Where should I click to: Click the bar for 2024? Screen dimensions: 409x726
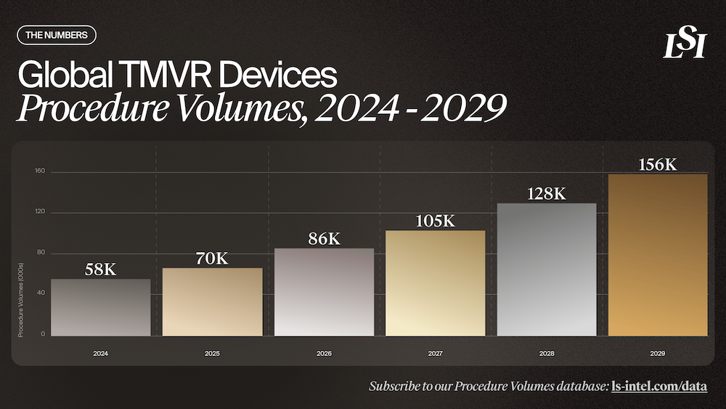tap(101, 307)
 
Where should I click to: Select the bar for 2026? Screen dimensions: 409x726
tap(324, 292)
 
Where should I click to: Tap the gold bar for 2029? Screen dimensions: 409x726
tap(658, 255)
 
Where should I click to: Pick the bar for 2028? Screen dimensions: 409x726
tap(546, 270)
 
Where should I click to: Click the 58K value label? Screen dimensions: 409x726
tap(101, 270)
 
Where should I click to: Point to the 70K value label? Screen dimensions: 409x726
tap(212, 258)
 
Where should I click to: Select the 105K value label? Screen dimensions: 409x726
tap(435, 221)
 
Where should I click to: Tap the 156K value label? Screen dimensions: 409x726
tap(658, 164)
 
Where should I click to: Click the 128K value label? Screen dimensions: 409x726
tap(546, 194)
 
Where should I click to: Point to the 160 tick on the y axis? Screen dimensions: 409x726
tap(39, 171)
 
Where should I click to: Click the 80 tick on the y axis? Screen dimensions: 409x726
tap(41, 253)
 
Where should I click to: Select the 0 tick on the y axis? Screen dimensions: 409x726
tap(43, 334)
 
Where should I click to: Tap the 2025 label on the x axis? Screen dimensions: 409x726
tap(212, 354)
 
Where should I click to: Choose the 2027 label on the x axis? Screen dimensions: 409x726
tap(435, 354)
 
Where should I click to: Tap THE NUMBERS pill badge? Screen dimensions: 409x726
tap(56, 34)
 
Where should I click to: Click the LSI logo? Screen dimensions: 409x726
tap(684, 45)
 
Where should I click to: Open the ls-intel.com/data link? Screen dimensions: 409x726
tap(659, 386)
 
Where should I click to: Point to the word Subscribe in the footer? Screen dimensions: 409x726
tap(395, 386)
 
